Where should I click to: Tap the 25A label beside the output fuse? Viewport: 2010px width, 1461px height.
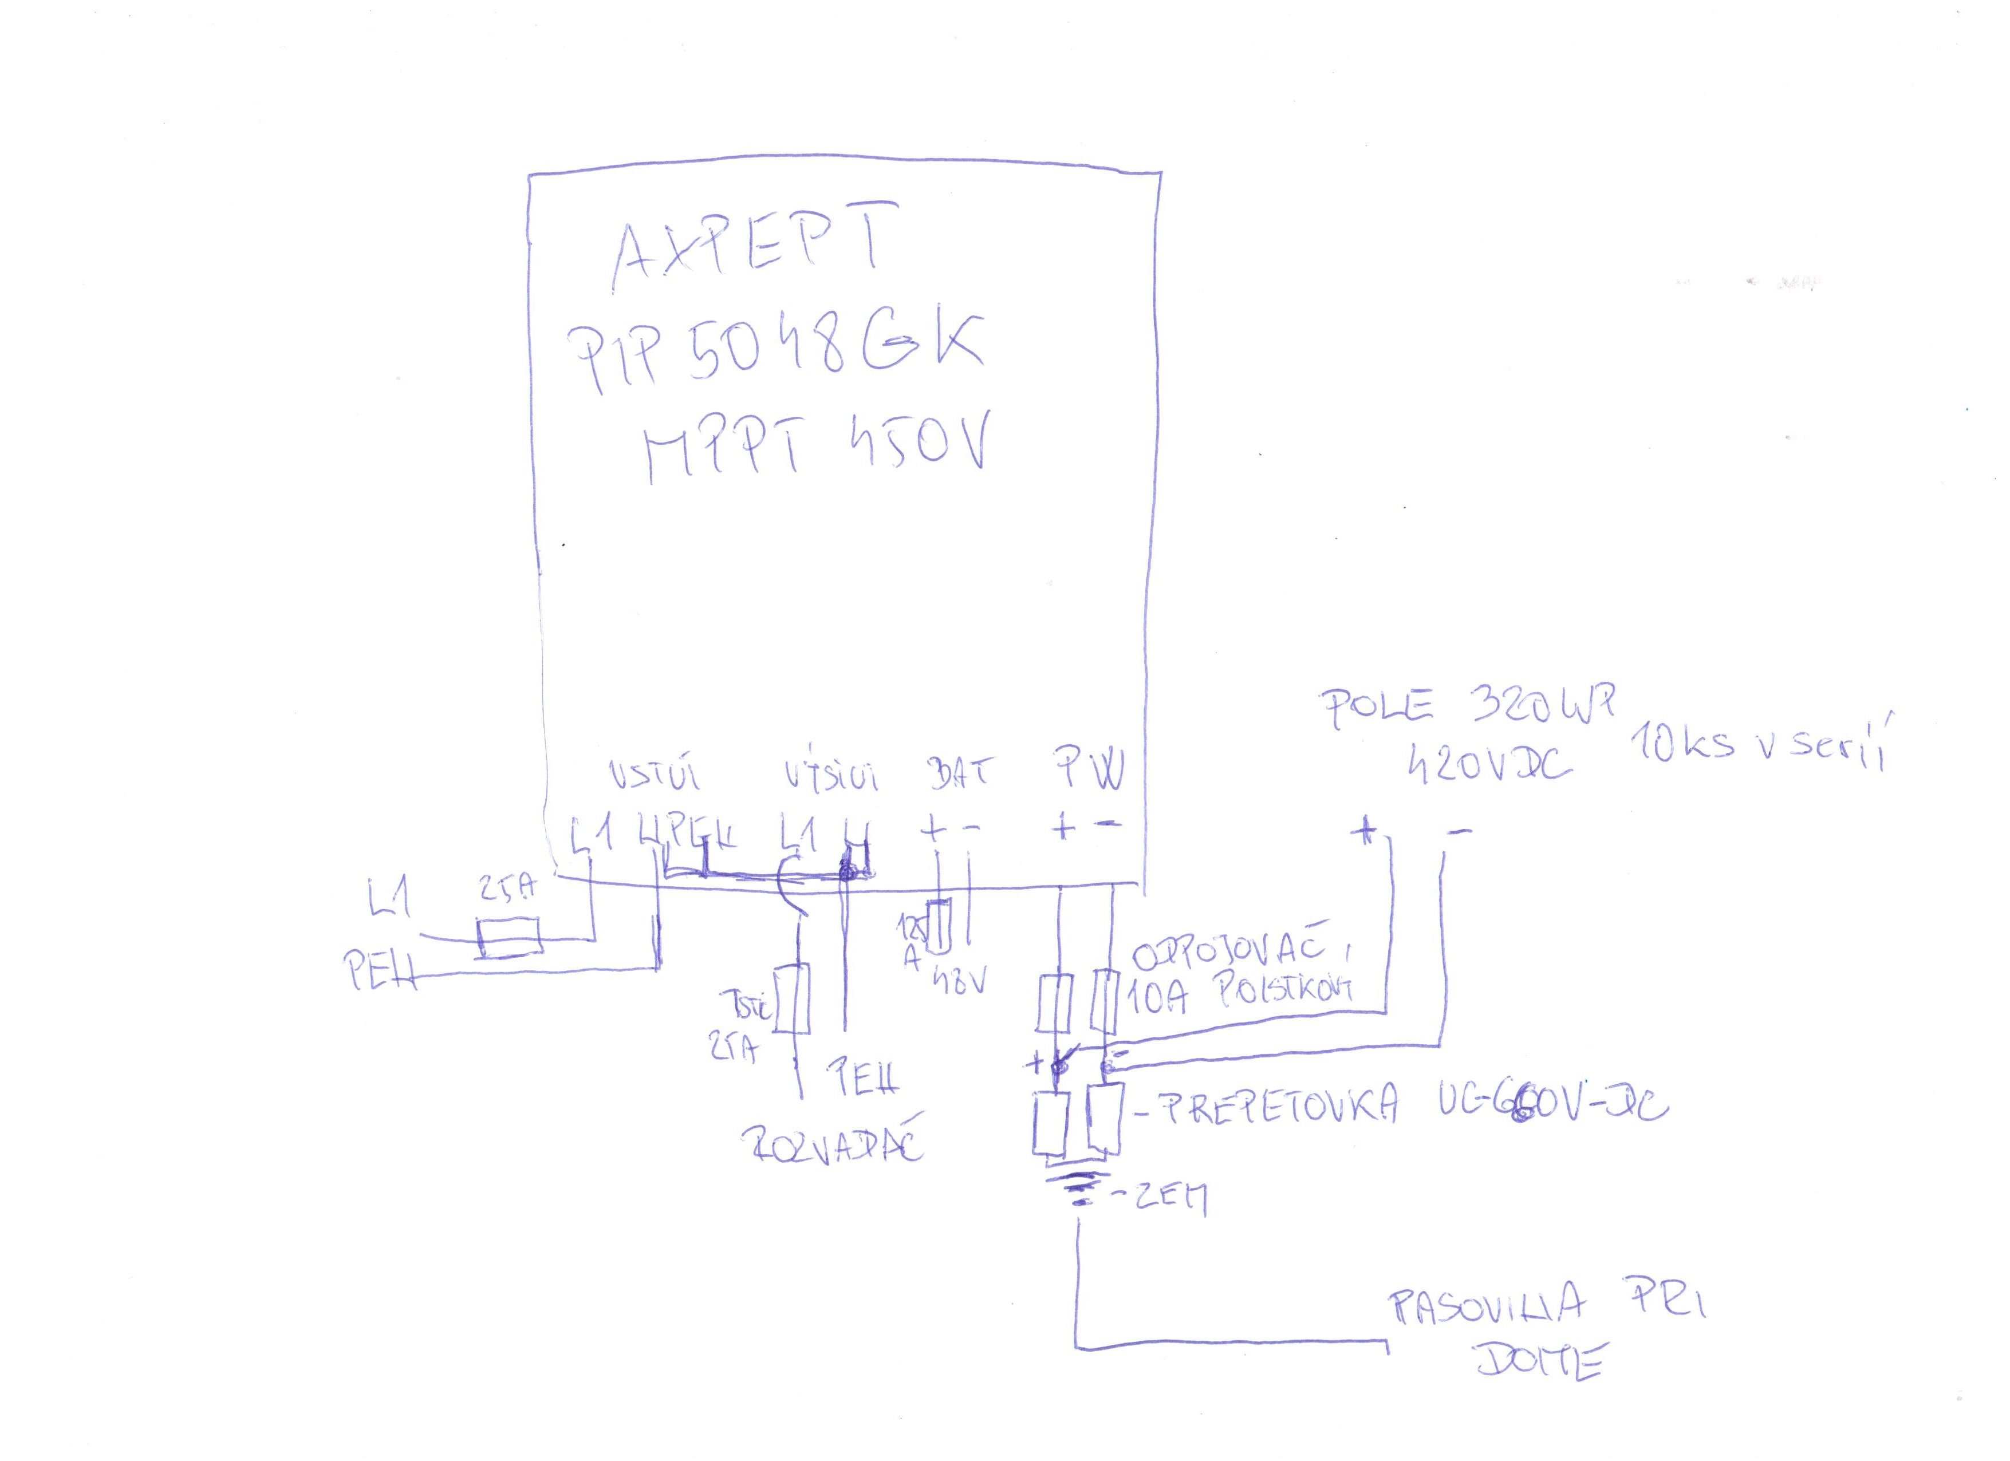[x=734, y=1050]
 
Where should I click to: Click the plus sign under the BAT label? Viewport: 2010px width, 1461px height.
[x=932, y=831]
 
